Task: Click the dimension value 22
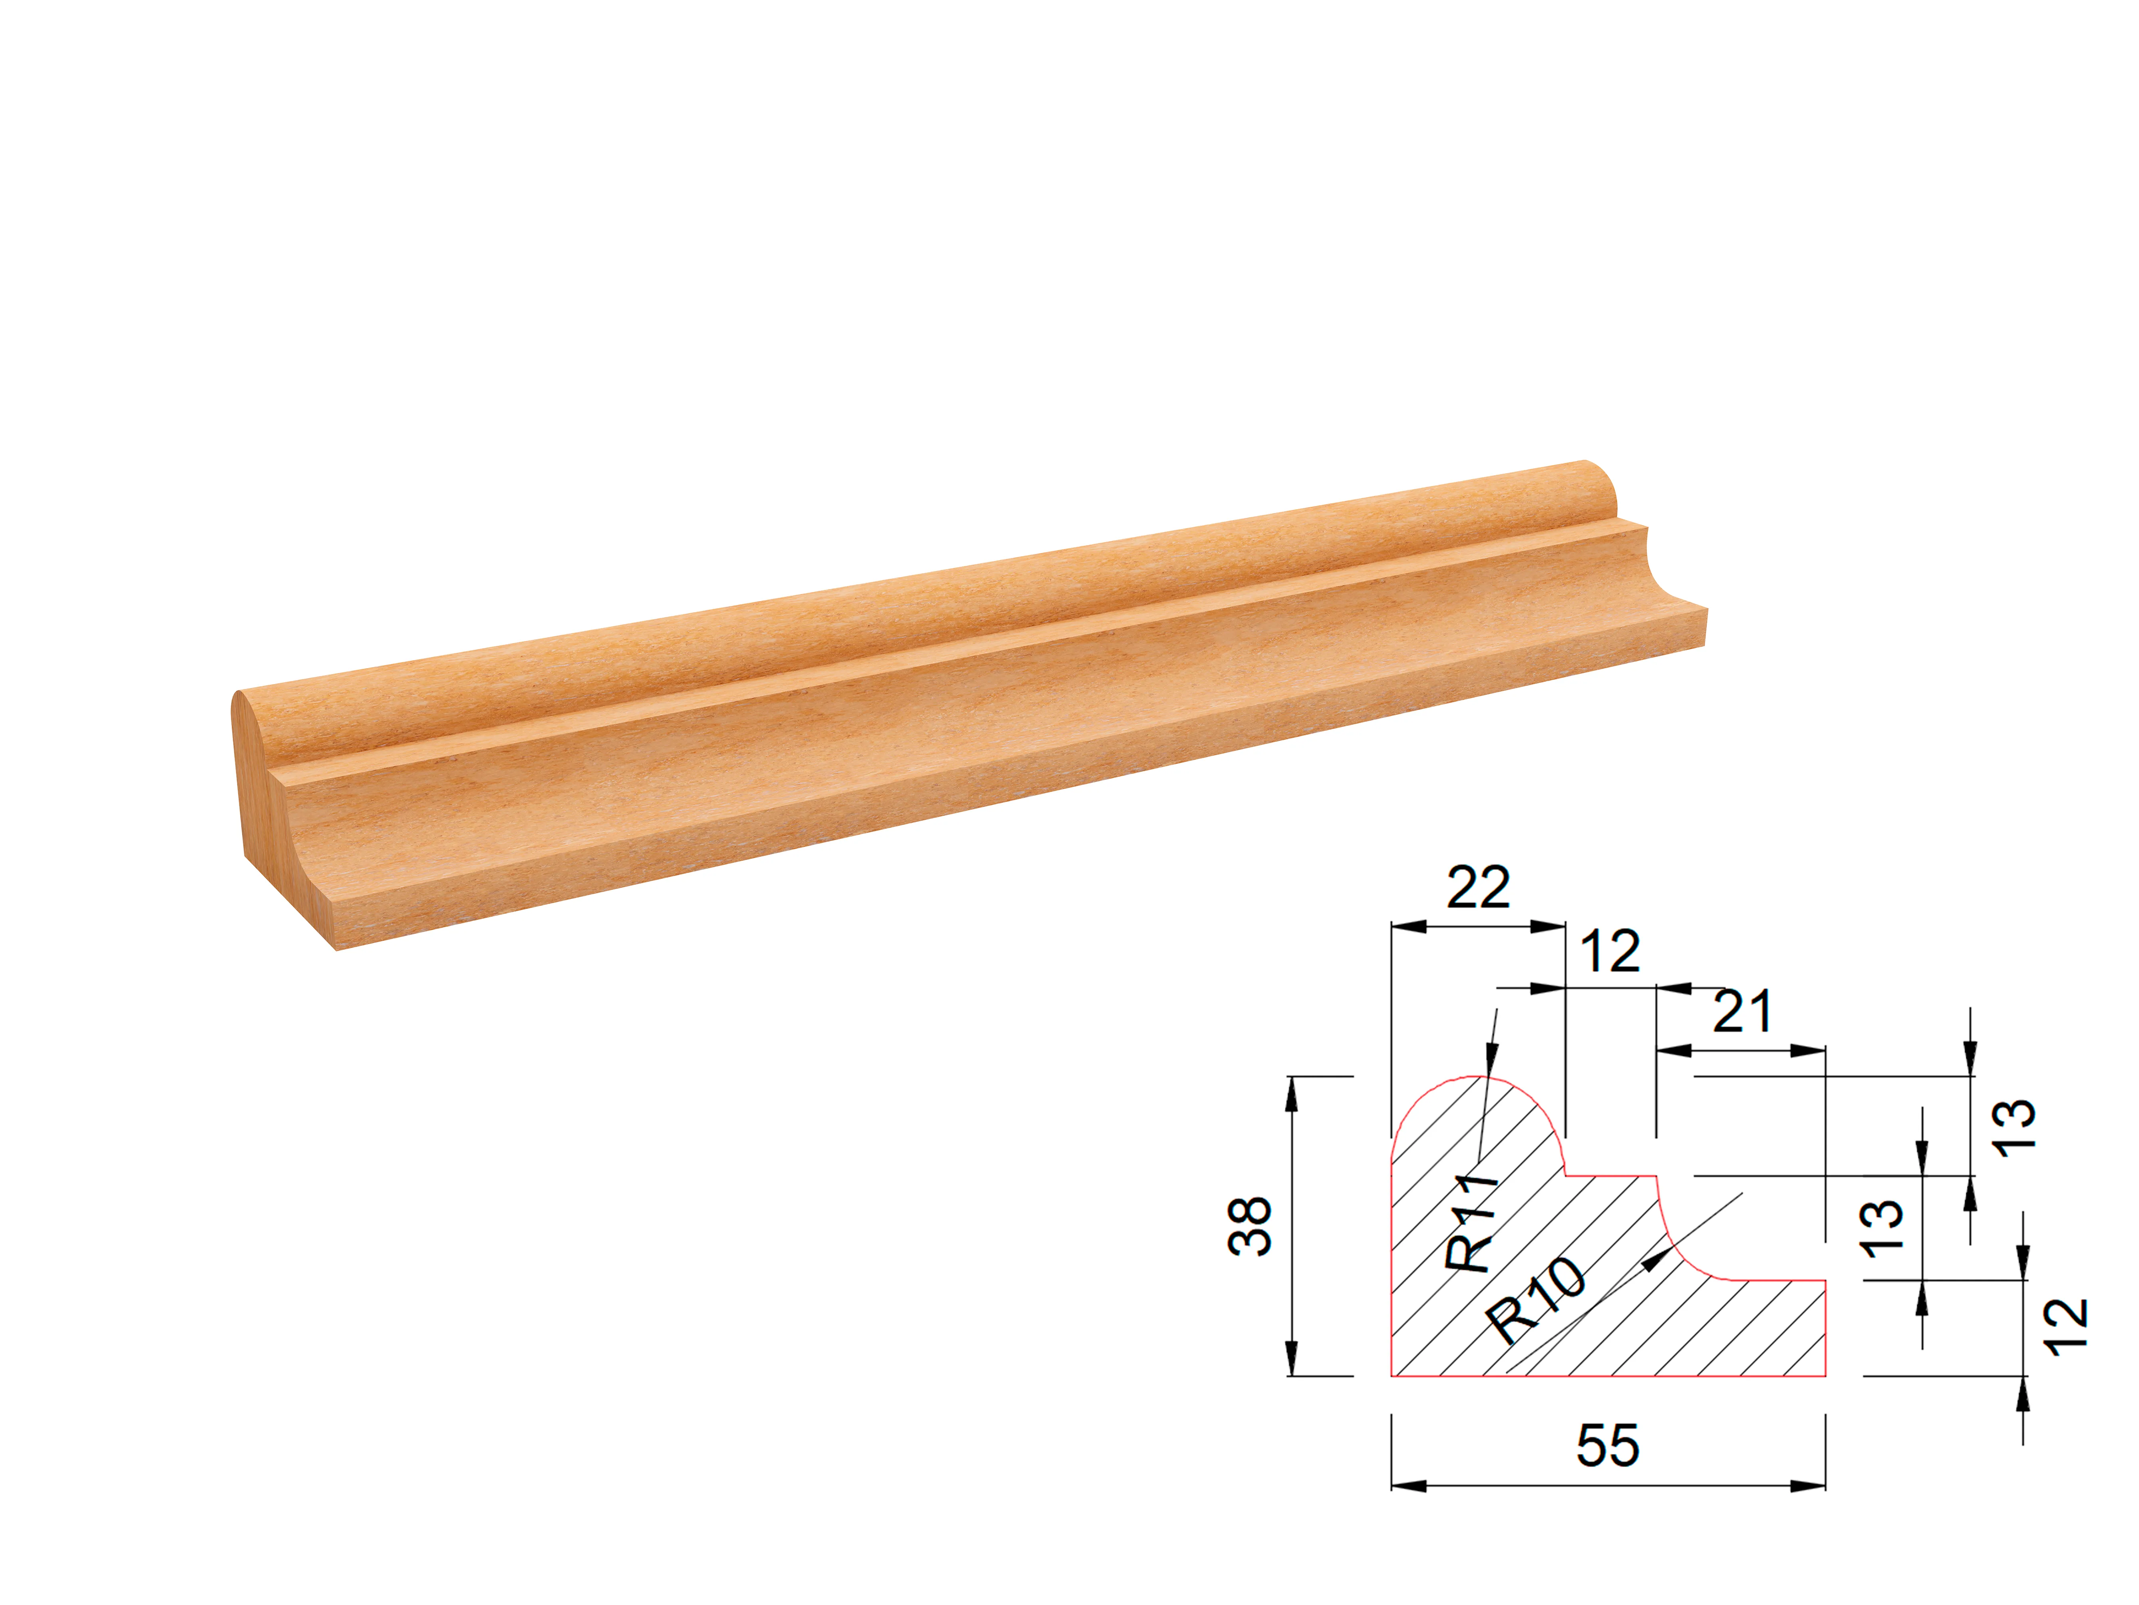tap(1477, 888)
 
